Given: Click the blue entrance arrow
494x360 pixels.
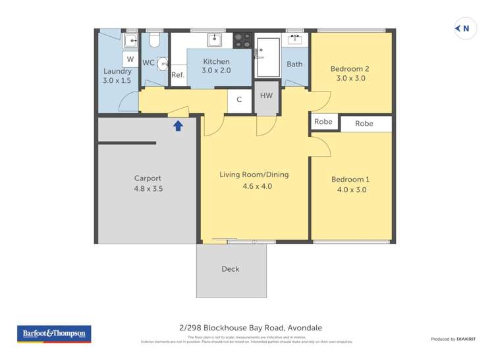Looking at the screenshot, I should [178, 126].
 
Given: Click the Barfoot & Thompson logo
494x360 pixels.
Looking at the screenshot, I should [54, 334].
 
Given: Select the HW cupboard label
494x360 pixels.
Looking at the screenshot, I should [266, 96].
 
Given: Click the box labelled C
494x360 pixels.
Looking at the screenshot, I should [239, 100].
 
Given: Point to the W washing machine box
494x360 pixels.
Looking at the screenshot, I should [130, 59].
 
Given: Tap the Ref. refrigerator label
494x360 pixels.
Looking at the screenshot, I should [178, 75].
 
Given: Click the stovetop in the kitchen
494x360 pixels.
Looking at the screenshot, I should [242, 40].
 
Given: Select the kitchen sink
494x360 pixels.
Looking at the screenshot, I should [215, 40].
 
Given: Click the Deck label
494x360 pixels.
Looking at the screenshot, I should [231, 269].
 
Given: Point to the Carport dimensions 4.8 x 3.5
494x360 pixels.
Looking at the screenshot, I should [148, 189].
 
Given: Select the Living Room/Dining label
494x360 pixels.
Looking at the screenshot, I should [254, 175].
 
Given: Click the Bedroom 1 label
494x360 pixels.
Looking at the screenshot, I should [350, 180].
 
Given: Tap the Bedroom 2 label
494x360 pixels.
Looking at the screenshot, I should [350, 68].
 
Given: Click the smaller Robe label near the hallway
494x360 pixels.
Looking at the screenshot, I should [323, 122].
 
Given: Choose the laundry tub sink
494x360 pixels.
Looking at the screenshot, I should [130, 41].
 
